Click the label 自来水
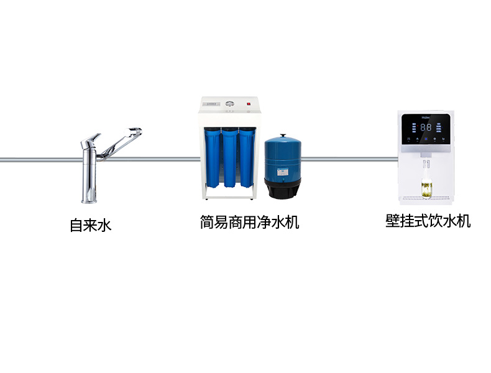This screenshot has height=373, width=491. pyautogui.click(x=90, y=225)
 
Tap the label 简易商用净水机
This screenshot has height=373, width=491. pyautogui.click(x=249, y=222)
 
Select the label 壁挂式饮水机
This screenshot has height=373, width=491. pyautogui.click(x=428, y=221)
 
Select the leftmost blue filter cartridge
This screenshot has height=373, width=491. pyautogui.click(x=213, y=159)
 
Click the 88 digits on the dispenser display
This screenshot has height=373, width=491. pyautogui.click(x=426, y=127)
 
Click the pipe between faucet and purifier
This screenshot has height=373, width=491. pyautogui.click(x=168, y=159)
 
